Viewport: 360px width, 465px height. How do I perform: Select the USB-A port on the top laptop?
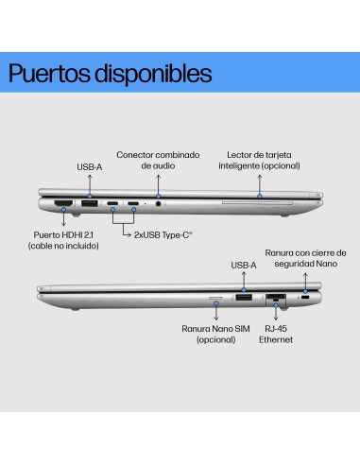click(x=89, y=202)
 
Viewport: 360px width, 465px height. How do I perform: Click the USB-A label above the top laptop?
click(x=89, y=168)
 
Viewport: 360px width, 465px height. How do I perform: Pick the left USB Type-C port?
click(x=112, y=203)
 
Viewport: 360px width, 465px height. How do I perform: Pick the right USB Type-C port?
click(x=133, y=203)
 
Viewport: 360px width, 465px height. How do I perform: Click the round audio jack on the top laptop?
click(x=158, y=203)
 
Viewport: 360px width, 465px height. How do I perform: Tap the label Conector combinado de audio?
click(x=158, y=160)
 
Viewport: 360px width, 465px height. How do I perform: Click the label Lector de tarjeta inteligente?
click(x=259, y=160)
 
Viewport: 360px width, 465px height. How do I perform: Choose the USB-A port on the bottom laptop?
click(x=243, y=298)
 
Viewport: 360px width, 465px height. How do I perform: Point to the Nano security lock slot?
click(x=306, y=298)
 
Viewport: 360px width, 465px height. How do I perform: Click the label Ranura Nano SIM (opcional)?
click(x=215, y=336)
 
